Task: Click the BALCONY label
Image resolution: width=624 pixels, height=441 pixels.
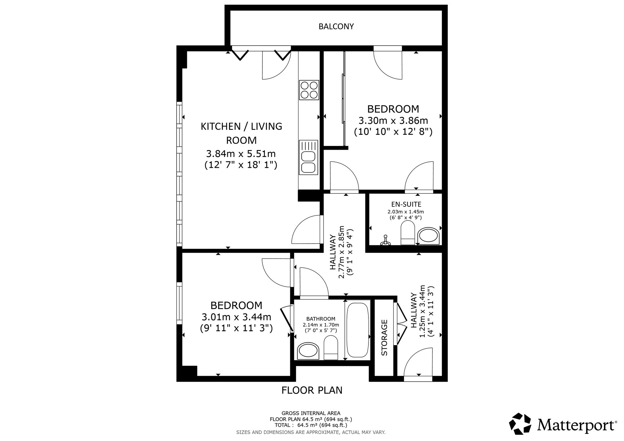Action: pos(336,27)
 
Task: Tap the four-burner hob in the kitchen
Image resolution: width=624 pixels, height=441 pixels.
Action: pos(309,90)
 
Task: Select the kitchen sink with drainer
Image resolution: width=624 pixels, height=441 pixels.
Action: pos(309,157)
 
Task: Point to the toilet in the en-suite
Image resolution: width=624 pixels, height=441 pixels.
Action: pos(407,233)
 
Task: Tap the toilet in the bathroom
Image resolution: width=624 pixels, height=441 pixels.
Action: pos(331,348)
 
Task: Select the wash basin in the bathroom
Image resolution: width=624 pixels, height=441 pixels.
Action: pos(309,351)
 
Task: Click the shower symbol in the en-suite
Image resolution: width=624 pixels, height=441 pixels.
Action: pos(386,240)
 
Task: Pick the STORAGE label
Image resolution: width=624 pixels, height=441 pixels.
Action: pos(384,337)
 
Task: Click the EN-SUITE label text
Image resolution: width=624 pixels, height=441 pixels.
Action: pos(406,205)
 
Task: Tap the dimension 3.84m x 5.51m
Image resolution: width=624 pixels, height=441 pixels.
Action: pos(241,154)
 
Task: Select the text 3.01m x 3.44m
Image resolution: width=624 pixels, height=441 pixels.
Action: pos(236,317)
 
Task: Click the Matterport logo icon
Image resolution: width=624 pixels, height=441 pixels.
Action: pos(520,424)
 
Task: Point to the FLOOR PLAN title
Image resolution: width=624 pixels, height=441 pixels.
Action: pos(312,390)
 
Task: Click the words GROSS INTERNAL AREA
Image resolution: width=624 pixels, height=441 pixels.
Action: pos(311,413)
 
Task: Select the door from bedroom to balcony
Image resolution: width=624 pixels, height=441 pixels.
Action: pos(388,63)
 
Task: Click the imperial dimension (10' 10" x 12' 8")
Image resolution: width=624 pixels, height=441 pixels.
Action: pos(393,132)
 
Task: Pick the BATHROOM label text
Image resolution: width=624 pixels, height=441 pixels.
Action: pos(321,319)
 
